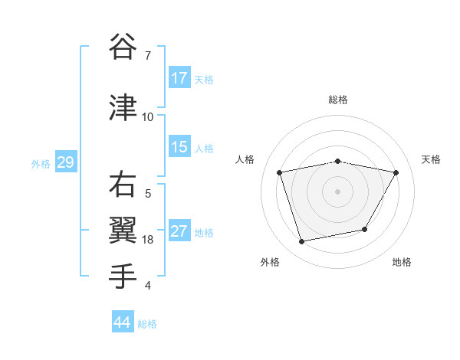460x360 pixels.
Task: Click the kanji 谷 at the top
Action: (123, 47)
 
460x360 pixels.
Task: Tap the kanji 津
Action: (123, 107)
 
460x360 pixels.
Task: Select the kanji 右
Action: (123, 185)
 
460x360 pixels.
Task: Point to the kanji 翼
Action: (123, 230)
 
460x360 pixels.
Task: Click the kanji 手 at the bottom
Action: (123, 276)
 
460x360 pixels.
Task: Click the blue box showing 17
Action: (179, 78)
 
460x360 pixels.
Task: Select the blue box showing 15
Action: (179, 147)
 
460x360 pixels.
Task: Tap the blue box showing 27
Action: (179, 231)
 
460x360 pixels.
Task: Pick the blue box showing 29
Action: (65, 162)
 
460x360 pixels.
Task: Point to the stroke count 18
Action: (148, 240)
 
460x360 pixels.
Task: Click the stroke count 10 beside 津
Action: (148, 117)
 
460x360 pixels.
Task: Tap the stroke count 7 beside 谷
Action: (148, 56)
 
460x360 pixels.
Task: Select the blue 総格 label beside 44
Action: (147, 324)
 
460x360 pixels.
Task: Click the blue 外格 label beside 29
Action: (41, 163)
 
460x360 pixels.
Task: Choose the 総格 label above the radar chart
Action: (337, 100)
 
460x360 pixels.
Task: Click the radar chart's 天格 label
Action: (431, 159)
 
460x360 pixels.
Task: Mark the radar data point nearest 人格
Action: (280, 172)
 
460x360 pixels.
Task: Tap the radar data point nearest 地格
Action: (365, 229)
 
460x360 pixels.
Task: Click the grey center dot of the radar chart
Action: (337, 191)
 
